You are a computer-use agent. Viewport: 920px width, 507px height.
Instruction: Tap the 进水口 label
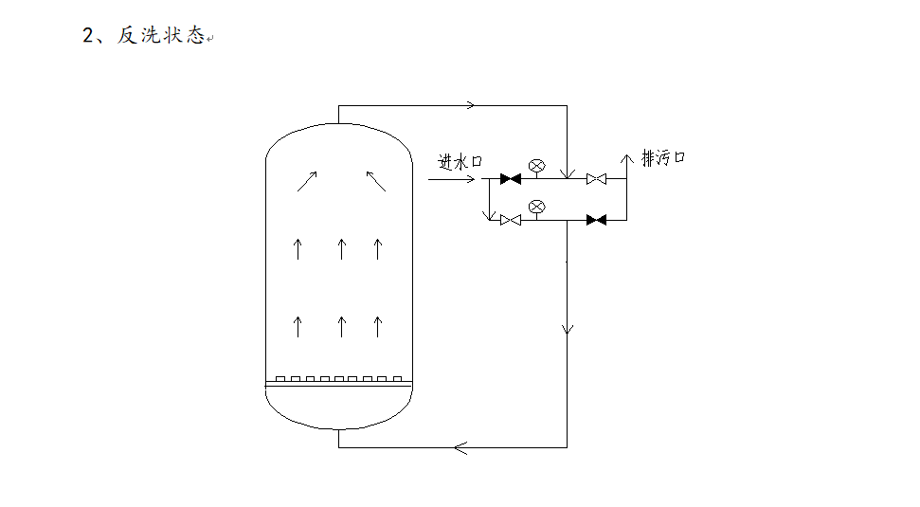(460, 162)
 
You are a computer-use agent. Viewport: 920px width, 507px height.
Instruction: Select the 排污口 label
(663, 157)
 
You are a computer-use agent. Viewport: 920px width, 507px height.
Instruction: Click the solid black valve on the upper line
(511, 178)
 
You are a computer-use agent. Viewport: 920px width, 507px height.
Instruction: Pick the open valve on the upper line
(596, 178)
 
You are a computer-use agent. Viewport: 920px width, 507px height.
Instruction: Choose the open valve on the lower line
(511, 220)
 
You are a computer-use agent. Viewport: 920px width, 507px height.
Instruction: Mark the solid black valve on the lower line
(596, 220)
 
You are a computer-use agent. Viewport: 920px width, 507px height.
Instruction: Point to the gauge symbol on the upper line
(536, 165)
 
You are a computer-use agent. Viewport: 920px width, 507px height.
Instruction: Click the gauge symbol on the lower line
(536, 206)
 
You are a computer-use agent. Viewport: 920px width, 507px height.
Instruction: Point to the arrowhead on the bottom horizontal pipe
(461, 447)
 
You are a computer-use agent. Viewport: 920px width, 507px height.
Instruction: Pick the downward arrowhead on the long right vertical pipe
(568, 328)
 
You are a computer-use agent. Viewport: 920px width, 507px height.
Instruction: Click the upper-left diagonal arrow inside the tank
(307, 181)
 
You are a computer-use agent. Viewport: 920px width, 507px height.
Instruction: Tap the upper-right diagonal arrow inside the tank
(376, 181)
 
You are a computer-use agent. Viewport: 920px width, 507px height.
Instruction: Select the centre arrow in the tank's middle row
(342, 249)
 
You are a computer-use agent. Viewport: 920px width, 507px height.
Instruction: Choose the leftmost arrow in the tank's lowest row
(298, 327)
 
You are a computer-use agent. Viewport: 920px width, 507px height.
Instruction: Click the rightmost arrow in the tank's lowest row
(377, 327)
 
